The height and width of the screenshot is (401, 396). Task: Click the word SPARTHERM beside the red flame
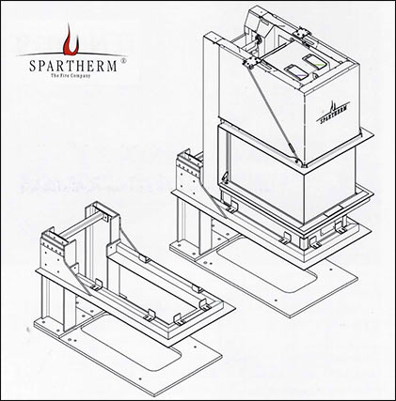pyautogui.click(x=73, y=66)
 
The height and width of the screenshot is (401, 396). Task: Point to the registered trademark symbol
pyautogui.click(x=124, y=61)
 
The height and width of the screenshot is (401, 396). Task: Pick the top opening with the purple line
pyautogui.click(x=296, y=72)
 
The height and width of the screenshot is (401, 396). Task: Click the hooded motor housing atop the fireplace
pyautogui.click(x=259, y=25)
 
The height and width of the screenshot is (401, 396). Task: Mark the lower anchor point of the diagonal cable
pyautogui.click(x=297, y=161)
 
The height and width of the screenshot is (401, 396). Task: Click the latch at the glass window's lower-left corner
pyautogui.click(x=225, y=177)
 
